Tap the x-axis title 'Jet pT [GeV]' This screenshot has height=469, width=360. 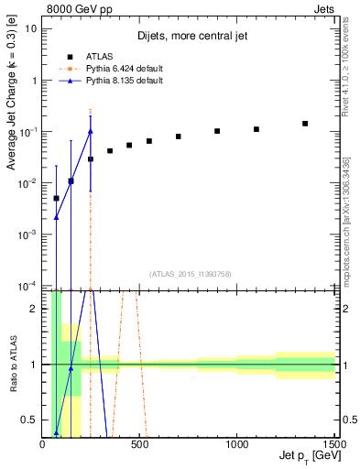coord(307,455)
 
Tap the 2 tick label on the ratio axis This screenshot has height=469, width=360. coord(35,309)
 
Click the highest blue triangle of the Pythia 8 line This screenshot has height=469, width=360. coord(90,131)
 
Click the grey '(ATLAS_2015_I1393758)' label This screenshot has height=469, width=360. coord(190,273)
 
